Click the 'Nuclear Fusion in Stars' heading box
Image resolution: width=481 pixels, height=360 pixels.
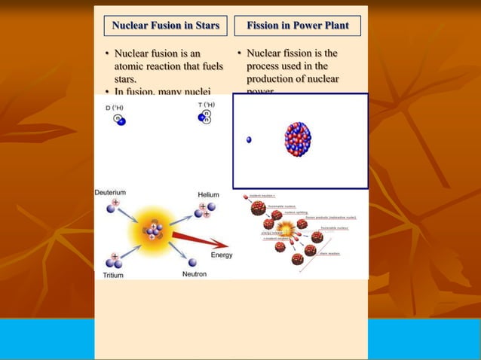pyautogui.click(x=165, y=26)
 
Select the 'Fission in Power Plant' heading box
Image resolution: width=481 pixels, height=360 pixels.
pyautogui.click(x=298, y=26)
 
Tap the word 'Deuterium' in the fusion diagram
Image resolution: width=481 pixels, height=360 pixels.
pyautogui.click(x=110, y=193)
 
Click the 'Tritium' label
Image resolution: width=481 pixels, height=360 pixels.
pyautogui.click(x=113, y=275)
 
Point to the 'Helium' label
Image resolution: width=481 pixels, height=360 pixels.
pyautogui.click(x=208, y=194)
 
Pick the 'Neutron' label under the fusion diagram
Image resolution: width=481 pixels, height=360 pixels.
pyautogui.click(x=194, y=274)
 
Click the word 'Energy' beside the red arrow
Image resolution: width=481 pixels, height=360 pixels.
pyautogui.click(x=221, y=255)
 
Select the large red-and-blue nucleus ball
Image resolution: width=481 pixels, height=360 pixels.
pyautogui.click(x=297, y=139)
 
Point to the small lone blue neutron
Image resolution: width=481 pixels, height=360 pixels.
pyautogui.click(x=249, y=139)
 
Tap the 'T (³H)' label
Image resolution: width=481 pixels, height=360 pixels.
pyautogui.click(x=206, y=105)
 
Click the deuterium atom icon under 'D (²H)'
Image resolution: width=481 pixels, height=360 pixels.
pyautogui.click(x=119, y=119)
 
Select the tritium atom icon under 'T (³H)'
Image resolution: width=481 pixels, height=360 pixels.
pyautogui.click(x=204, y=117)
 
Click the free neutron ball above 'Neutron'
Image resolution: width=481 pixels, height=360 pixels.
pyautogui.click(x=191, y=262)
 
